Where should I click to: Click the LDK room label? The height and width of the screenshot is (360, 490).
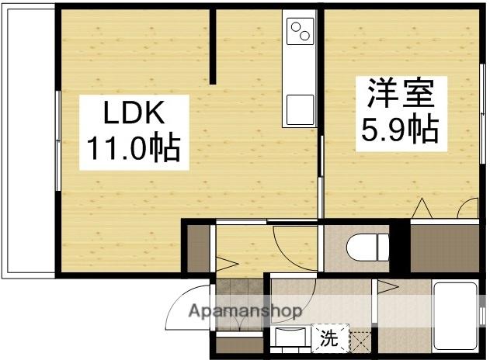pos(134,115)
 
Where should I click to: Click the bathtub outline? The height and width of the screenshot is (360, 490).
pos(457,315)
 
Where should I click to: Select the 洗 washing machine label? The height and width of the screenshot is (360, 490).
pos(329,338)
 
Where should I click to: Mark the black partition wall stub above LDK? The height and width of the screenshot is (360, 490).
pos(213,47)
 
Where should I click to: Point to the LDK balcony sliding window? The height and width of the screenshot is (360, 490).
pos(57,140)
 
